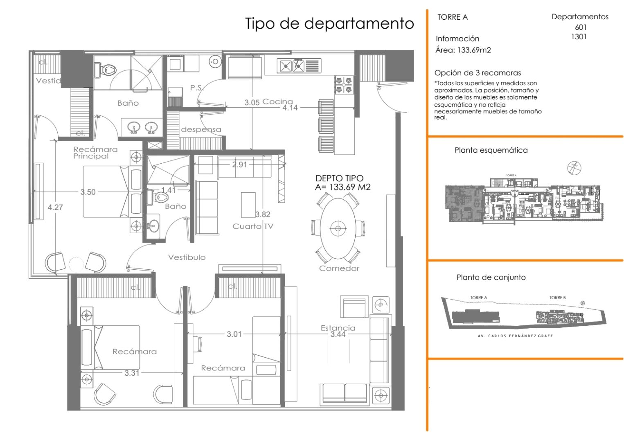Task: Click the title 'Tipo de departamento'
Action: pyautogui.click(x=329, y=23)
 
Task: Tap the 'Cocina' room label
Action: pyautogui.click(x=278, y=101)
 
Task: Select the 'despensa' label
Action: pyautogui.click(x=201, y=130)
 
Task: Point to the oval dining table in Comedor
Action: pyautogui.click(x=338, y=228)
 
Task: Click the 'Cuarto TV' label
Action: pyautogui.click(x=252, y=226)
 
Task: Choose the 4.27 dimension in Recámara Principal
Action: pyautogui.click(x=55, y=207)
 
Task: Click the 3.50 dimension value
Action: pyautogui.click(x=88, y=192)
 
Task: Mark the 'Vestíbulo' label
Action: pyautogui.click(x=187, y=257)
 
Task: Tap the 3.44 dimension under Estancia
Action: pyautogui.click(x=338, y=334)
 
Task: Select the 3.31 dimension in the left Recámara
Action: pyautogui.click(x=132, y=373)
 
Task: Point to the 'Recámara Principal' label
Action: pyautogui.click(x=95, y=153)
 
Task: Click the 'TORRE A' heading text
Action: pyautogui.click(x=452, y=17)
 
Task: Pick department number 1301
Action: pyautogui.click(x=579, y=37)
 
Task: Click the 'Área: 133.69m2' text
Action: pyautogui.click(x=463, y=50)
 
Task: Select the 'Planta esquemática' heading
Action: pyautogui.click(x=491, y=150)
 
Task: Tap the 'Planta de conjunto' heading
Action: pyautogui.click(x=491, y=277)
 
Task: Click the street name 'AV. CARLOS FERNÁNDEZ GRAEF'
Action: pyautogui.click(x=515, y=336)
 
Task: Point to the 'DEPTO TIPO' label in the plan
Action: pyautogui.click(x=339, y=178)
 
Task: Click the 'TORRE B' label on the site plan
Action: pyautogui.click(x=557, y=298)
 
